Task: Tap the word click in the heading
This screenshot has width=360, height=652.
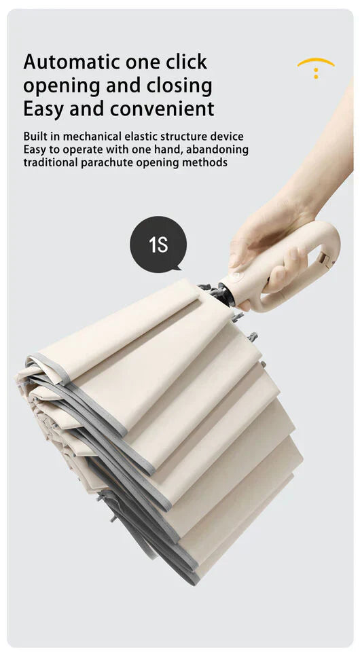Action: coord(186,62)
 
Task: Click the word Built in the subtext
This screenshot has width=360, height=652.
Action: coord(35,137)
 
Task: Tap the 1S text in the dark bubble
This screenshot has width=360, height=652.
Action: coord(158,245)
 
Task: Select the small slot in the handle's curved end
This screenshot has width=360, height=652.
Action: coord(325,260)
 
